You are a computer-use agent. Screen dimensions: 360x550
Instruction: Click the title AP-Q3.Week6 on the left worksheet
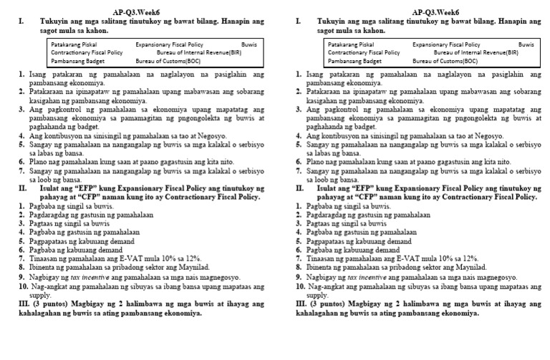(x=137, y=12)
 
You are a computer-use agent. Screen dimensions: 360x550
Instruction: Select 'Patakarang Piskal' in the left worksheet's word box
(x=73, y=44)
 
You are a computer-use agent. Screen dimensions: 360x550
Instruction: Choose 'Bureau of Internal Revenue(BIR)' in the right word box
(x=476, y=53)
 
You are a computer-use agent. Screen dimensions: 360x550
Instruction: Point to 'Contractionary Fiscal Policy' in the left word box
(x=87, y=53)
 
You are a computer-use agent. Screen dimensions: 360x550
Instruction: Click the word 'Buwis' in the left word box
(x=249, y=44)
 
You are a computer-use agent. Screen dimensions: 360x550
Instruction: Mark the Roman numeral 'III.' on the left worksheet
(x=24, y=303)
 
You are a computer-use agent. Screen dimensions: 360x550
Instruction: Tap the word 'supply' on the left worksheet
(x=40, y=294)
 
